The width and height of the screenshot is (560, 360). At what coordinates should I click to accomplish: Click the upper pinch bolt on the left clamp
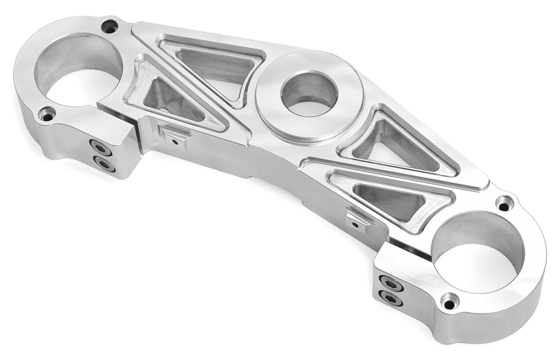pos(100,147)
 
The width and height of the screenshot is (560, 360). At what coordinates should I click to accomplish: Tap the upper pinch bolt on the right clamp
pos(391,283)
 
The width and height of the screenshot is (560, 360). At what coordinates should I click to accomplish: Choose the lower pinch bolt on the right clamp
pos(390,298)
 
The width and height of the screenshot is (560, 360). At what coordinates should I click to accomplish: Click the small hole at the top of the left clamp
pos(110,26)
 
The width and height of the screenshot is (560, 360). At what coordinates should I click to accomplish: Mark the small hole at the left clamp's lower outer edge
pos(47,115)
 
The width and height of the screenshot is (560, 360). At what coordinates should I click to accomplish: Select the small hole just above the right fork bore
pos(504,203)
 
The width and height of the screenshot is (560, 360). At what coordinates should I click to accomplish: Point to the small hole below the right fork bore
pos(450,301)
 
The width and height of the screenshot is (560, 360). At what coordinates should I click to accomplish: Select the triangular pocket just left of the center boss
pos(216,68)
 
